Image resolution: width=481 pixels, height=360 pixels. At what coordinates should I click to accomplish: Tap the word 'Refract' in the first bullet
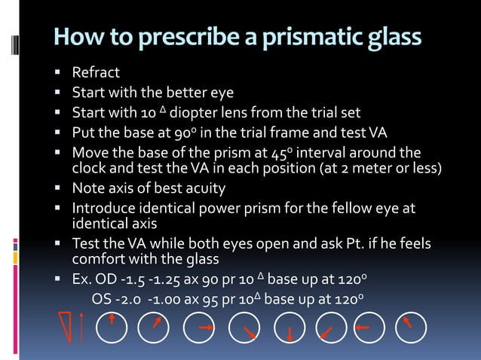[96, 74]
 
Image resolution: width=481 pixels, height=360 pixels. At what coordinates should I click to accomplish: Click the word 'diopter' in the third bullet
[195, 114]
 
